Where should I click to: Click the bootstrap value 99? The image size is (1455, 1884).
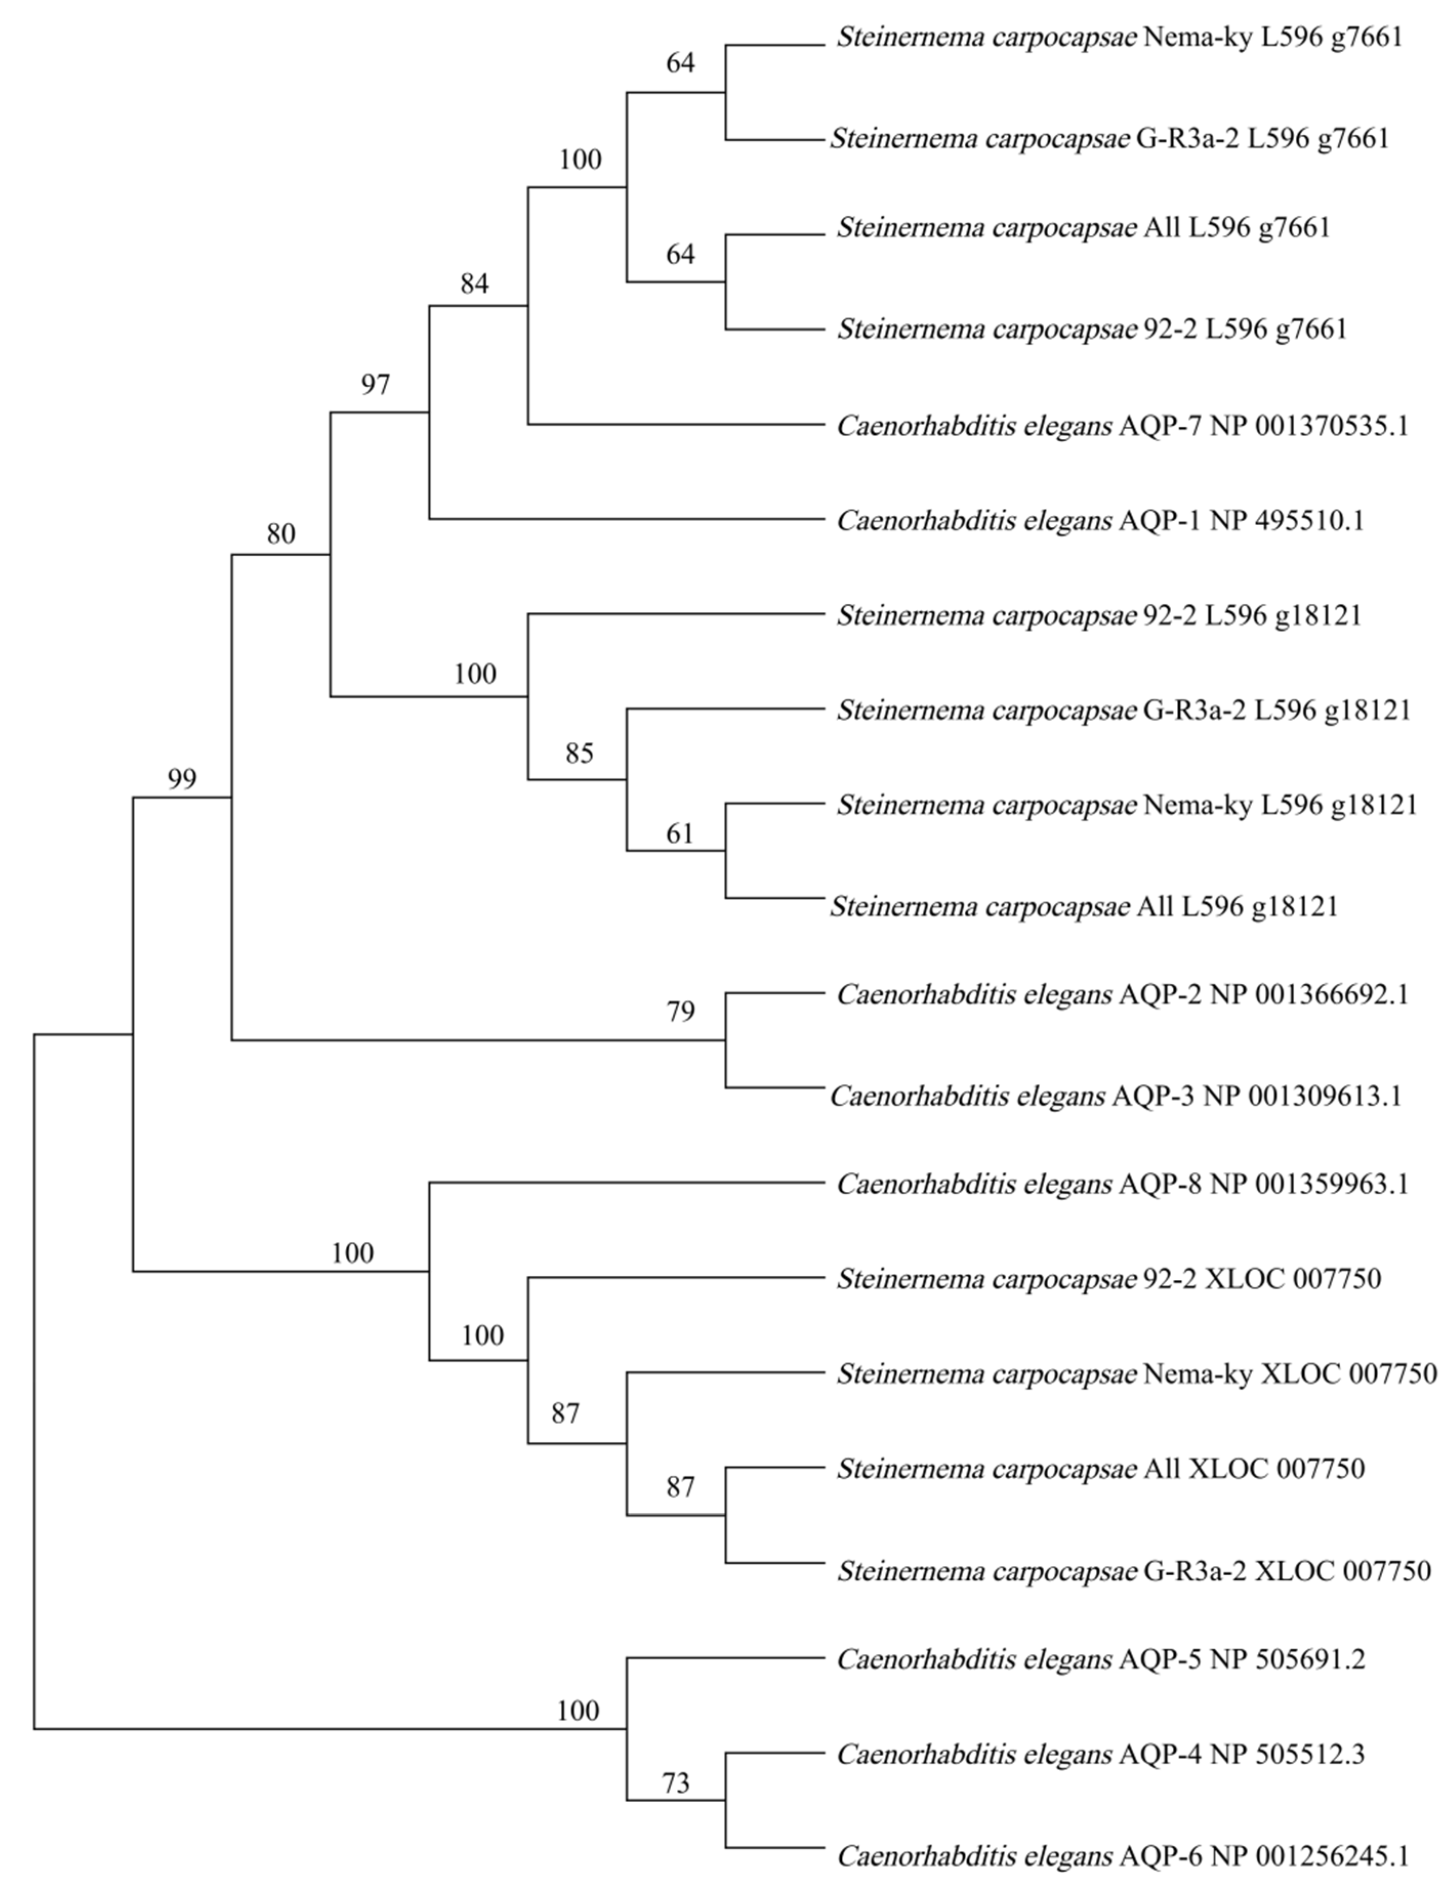182,779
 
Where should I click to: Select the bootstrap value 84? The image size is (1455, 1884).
474,283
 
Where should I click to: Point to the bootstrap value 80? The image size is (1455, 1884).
280,534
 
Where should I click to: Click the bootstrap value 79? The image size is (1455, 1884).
680,1011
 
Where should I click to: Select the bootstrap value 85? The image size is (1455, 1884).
579,753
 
